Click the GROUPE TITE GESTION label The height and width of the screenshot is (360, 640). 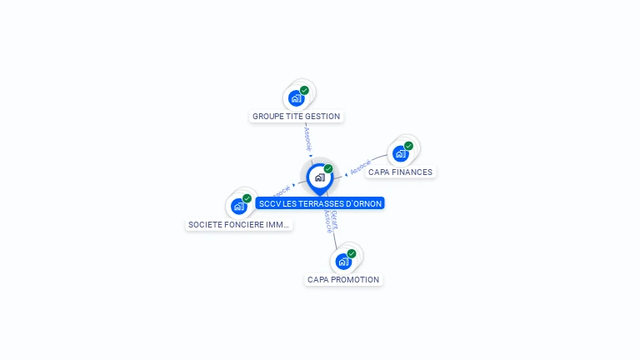(296, 117)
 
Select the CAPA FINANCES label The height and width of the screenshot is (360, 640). (400, 172)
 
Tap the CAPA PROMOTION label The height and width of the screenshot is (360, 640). (343, 280)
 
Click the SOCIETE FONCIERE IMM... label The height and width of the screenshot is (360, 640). (239, 225)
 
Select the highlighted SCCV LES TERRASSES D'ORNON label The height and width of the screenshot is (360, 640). (320, 203)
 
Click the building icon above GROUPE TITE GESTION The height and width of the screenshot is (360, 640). (296, 98)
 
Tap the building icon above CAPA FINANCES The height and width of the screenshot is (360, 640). (401, 154)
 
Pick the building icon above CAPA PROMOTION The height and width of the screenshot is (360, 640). (342, 262)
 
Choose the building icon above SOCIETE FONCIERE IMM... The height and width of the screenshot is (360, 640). (239, 206)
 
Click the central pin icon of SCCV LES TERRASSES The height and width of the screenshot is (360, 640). (319, 177)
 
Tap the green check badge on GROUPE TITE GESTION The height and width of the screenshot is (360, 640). (304, 90)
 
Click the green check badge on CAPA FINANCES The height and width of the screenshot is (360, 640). (408, 146)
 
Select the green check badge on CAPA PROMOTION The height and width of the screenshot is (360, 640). (351, 253)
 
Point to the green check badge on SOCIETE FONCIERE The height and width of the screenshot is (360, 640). (247, 198)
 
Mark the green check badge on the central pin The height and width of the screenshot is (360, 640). (328, 169)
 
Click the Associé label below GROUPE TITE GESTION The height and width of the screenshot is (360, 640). (307, 137)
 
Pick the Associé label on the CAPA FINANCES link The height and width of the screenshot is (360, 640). (360, 167)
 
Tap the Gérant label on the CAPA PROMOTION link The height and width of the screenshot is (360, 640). (334, 219)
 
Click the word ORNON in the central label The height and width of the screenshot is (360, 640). (367, 203)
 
